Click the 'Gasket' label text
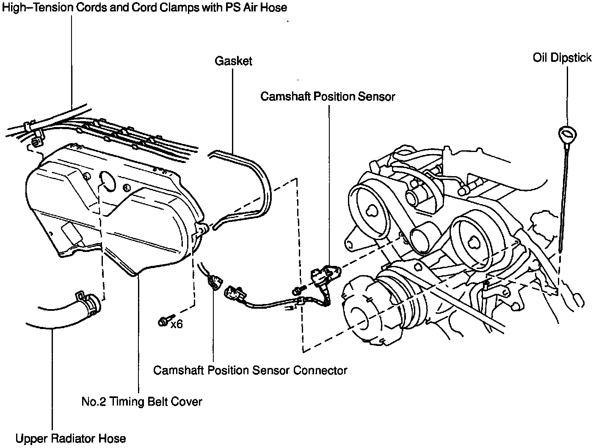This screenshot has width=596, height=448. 233,61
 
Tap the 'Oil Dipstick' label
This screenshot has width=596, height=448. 562,58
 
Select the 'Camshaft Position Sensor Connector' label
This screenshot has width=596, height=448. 250,370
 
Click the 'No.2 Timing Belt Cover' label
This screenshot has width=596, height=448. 141,401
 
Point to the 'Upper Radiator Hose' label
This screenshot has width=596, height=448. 70,438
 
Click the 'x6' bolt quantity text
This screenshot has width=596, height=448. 177,325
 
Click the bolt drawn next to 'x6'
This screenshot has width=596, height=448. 164,321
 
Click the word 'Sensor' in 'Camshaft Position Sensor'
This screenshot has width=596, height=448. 376,97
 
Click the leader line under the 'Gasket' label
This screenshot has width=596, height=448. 232,110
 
